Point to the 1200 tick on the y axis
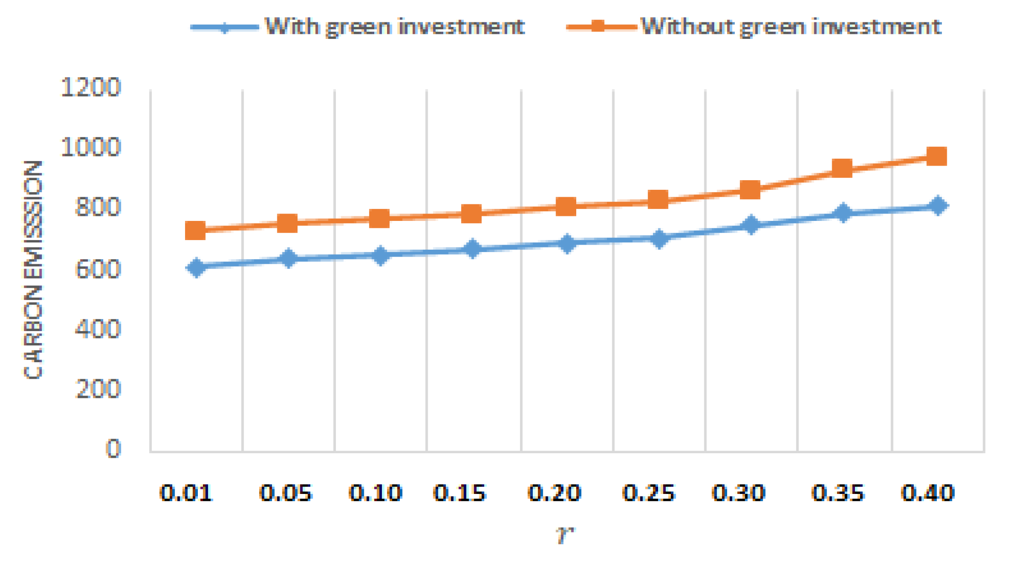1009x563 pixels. coord(90,87)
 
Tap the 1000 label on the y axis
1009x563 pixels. coord(90,147)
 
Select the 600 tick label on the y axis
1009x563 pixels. coord(97,269)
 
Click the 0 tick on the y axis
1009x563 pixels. coord(113,449)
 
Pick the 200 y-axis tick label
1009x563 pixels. coord(97,389)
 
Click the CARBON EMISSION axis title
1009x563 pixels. coord(33,270)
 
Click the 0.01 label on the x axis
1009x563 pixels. coord(186,493)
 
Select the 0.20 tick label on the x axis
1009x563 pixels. coord(554,493)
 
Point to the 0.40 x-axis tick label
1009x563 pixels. coord(928,493)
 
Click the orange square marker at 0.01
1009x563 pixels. coord(195,231)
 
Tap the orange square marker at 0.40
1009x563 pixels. coord(936,156)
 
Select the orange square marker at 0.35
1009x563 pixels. coord(842,168)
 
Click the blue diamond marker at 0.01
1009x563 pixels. coord(196,267)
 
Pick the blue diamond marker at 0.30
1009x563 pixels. coord(750,225)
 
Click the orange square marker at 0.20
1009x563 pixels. coord(566,207)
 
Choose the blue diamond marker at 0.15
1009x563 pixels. coord(473,249)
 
